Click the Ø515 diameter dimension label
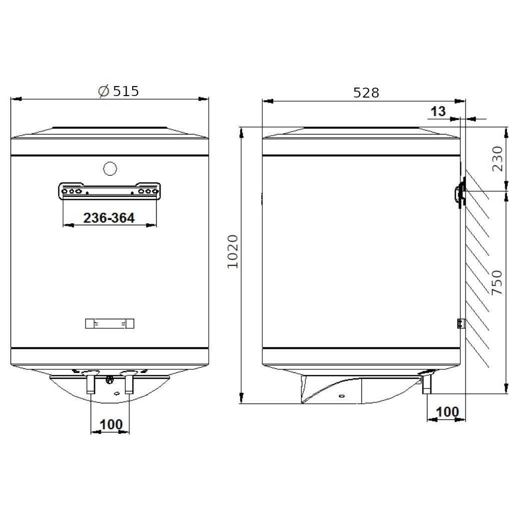(119, 91)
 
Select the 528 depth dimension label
(366, 93)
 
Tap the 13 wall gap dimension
(438, 111)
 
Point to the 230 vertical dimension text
(497, 159)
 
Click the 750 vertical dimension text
(496, 283)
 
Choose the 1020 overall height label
(233, 252)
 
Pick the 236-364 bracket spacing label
(109, 218)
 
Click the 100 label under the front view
(111, 424)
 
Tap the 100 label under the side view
(447, 412)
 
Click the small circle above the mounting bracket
(110, 169)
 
